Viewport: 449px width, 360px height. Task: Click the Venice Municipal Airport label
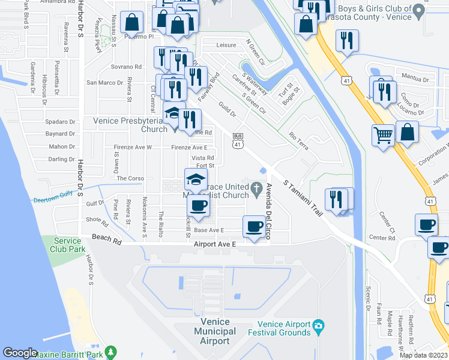[x=212, y=331]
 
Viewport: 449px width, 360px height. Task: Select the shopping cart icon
[x=382, y=134]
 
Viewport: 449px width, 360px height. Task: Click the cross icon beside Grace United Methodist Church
[x=256, y=189]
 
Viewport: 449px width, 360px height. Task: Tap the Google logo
[x=20, y=353]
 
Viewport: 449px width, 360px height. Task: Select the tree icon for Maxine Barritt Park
[x=109, y=352]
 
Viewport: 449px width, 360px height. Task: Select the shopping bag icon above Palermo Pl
[x=131, y=22]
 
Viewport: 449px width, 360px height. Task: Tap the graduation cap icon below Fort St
[x=195, y=179]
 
